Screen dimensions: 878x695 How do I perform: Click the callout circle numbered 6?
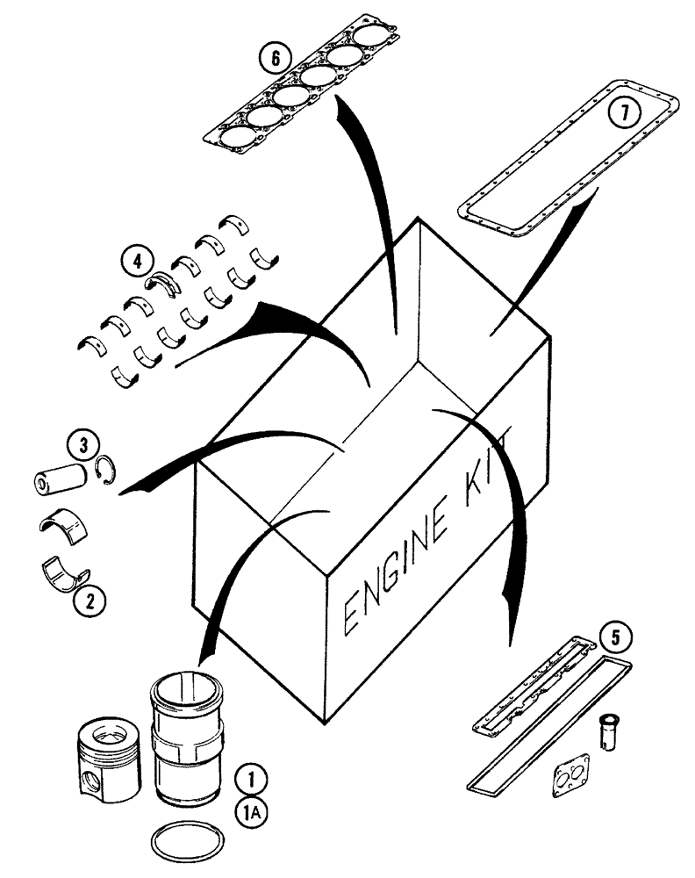point(275,59)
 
